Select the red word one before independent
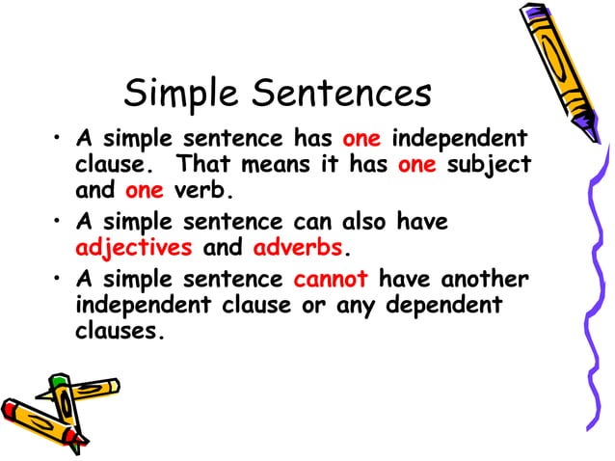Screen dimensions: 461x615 tap(362, 138)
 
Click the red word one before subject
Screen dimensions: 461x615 tap(417, 164)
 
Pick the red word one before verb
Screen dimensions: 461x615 tap(145, 189)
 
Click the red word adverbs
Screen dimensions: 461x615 tap(297, 247)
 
